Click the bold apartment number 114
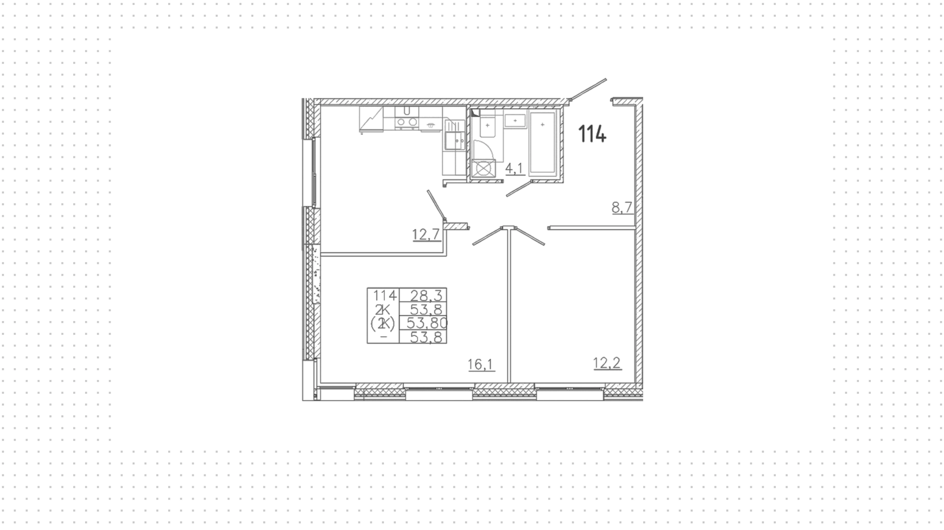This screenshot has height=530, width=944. pos(592,134)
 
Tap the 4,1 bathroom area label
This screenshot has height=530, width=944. pos(514,169)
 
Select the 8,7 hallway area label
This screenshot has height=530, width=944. pos(622,208)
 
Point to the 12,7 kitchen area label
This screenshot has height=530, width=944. pos(426,235)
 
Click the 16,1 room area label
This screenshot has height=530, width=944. pos(481,364)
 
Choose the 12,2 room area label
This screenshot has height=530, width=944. pos(607,363)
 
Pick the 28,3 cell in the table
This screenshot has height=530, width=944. pos(423,295)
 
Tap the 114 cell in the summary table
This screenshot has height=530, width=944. pos(384,295)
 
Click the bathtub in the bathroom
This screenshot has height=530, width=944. pos(543,143)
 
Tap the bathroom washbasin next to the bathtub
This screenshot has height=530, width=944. pos(515,120)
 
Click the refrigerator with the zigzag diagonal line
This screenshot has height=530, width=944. pos(371,119)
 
